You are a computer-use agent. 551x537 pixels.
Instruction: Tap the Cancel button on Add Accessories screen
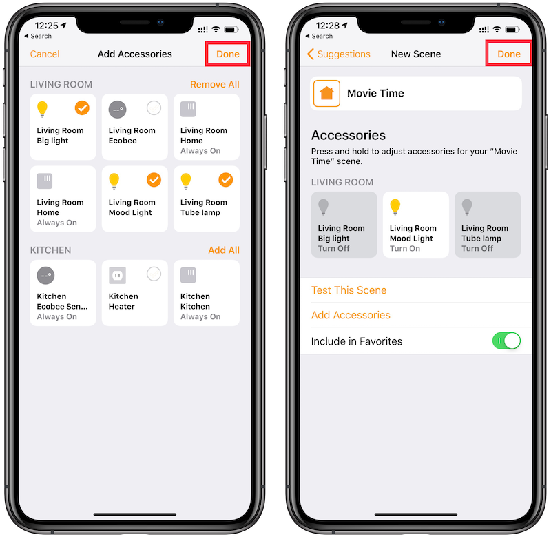pyautogui.click(x=45, y=54)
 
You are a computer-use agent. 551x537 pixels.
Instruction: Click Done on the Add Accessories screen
pyautogui.click(x=228, y=54)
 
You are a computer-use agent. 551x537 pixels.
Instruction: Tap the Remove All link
pyautogui.click(x=215, y=84)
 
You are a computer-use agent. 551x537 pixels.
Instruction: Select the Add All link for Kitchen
pyautogui.click(x=224, y=250)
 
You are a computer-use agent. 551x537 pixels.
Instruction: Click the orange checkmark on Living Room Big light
pyautogui.click(x=82, y=108)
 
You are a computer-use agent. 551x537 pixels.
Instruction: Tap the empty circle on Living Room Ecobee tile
pyautogui.click(x=154, y=108)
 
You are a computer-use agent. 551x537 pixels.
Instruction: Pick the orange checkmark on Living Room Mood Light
pyautogui.click(x=154, y=180)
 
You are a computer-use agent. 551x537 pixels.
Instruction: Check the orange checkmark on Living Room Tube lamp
pyautogui.click(x=226, y=180)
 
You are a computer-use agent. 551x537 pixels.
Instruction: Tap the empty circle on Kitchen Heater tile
pyautogui.click(x=154, y=274)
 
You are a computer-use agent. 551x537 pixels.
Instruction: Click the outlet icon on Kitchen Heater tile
pyautogui.click(x=117, y=275)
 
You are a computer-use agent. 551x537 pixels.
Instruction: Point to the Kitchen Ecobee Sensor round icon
pyautogui.click(x=45, y=275)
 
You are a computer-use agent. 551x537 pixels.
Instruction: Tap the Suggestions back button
pyautogui.click(x=339, y=54)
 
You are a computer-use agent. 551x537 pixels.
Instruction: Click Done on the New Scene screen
pyautogui.click(x=509, y=54)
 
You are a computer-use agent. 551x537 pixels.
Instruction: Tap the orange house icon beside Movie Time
pyautogui.click(x=326, y=93)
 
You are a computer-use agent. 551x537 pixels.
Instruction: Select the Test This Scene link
pyautogui.click(x=349, y=290)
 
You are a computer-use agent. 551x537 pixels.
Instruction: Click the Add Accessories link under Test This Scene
pyautogui.click(x=351, y=315)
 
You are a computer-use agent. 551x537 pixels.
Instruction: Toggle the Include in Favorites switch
pyautogui.click(x=506, y=341)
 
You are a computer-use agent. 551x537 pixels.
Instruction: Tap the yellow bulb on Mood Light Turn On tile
pyautogui.click(x=395, y=207)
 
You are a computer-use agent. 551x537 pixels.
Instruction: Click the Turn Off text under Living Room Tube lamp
pyautogui.click(x=477, y=249)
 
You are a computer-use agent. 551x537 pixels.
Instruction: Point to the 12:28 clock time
pyautogui.click(x=328, y=26)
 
